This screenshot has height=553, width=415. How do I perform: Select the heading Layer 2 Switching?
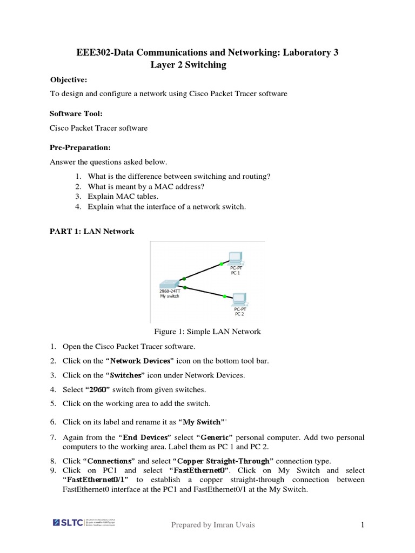click(x=188, y=65)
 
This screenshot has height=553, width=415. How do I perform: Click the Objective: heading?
click(x=69, y=80)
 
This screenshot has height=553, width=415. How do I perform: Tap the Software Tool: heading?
click(x=76, y=114)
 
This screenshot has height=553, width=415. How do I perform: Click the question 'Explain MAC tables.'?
click(x=123, y=197)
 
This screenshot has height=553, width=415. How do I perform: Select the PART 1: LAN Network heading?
click(x=92, y=231)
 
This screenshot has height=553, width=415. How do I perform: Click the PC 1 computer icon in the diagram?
click(x=235, y=258)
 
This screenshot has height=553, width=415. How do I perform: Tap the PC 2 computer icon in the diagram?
click(x=238, y=299)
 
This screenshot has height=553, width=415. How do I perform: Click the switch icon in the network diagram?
click(x=169, y=284)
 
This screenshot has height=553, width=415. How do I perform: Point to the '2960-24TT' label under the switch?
click(x=170, y=291)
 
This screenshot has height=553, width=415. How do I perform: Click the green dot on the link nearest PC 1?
click(x=221, y=264)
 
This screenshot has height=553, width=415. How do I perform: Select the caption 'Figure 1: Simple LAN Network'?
click(x=207, y=332)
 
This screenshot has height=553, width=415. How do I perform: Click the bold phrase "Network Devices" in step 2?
click(x=140, y=361)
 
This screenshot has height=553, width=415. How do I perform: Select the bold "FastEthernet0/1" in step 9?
click(x=96, y=480)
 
